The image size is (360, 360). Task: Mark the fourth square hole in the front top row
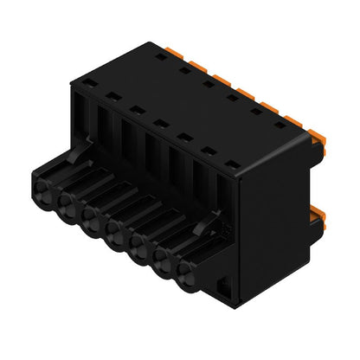pyautogui.click(x=160, y=123)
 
